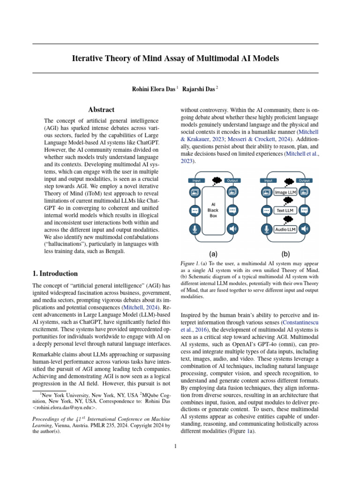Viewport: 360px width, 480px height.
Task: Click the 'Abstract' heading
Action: [101, 110]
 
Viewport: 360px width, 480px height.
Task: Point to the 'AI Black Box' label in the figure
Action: [213, 210]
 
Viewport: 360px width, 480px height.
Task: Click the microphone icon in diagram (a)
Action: [194, 229]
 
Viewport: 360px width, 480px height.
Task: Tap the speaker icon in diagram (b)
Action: [305, 229]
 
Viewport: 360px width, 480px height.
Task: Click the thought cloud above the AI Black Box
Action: [217, 180]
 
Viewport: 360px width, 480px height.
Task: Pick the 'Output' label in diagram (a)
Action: [232, 180]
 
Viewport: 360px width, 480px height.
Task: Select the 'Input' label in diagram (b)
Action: [268, 180]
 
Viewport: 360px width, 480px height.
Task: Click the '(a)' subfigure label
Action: [213, 254]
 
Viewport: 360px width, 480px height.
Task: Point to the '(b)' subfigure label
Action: [285, 254]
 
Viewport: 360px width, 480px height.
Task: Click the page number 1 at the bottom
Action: [175, 446]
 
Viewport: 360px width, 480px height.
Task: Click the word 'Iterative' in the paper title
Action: [88, 59]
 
